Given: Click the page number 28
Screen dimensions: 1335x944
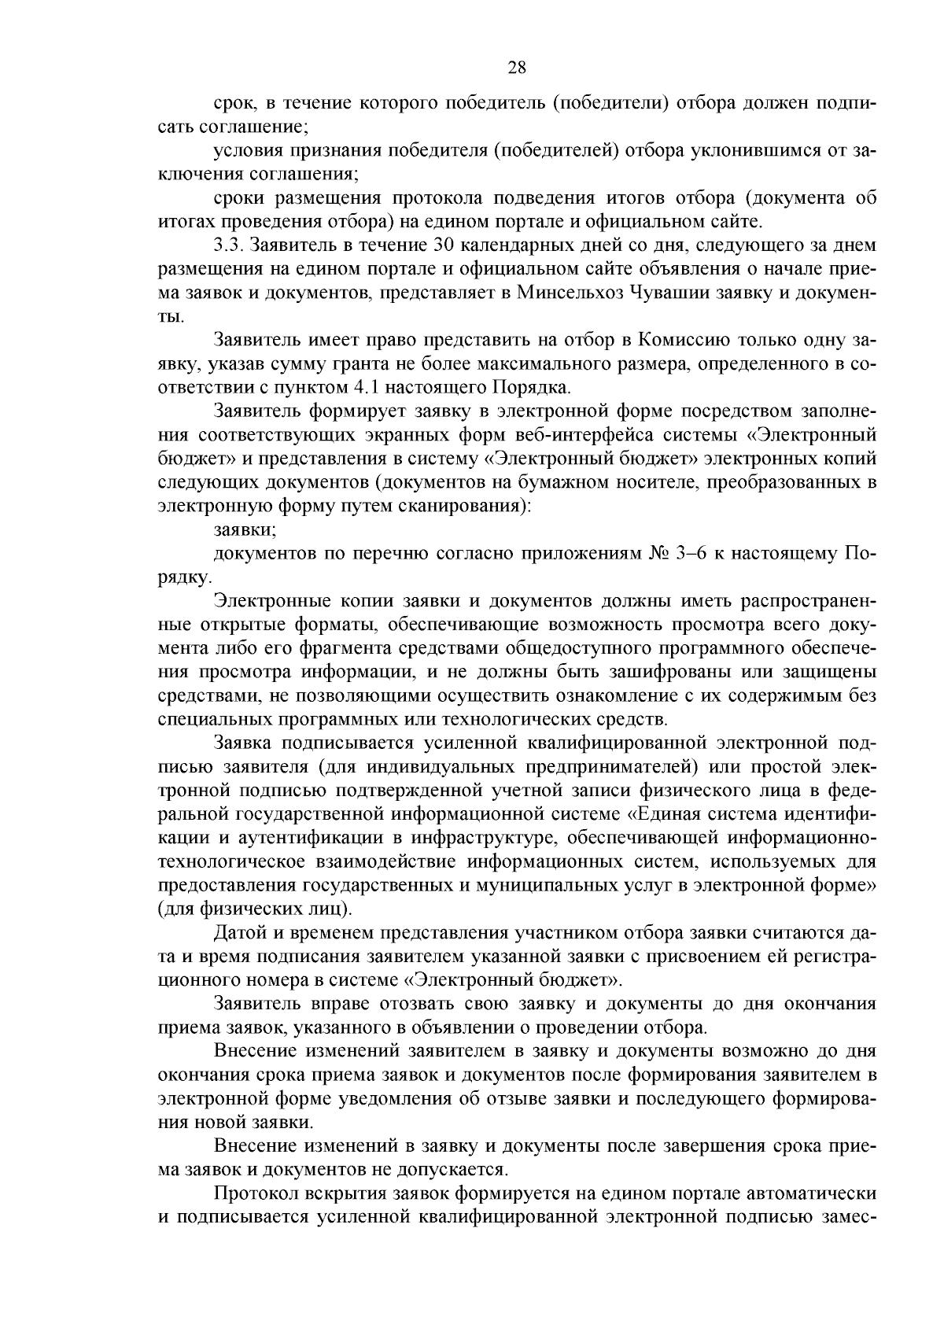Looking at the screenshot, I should [x=517, y=67].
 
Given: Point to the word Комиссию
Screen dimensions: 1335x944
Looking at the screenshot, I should [x=683, y=341].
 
